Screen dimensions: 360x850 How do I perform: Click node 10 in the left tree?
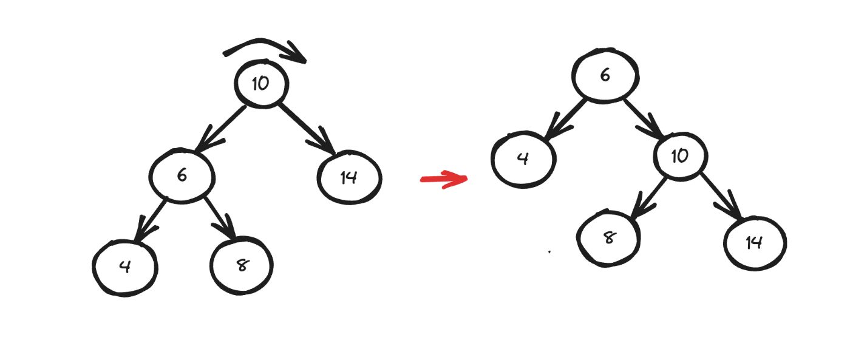[x=262, y=84]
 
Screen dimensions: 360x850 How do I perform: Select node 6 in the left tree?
[x=182, y=176]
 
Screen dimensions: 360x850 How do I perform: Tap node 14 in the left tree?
[x=349, y=178]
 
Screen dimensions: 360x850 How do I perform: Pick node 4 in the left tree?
[x=125, y=267]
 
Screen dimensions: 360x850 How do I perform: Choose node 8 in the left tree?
[x=242, y=265]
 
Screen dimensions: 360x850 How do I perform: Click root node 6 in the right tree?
[x=605, y=76]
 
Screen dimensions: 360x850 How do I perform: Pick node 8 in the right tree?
[x=608, y=237]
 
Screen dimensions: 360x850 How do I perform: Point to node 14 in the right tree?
[x=755, y=243]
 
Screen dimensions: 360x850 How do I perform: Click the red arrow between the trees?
[x=444, y=179]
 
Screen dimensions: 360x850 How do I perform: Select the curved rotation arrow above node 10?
[x=265, y=49]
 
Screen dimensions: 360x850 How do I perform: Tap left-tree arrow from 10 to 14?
[x=307, y=129]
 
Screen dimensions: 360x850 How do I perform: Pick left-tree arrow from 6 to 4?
[x=151, y=219]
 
